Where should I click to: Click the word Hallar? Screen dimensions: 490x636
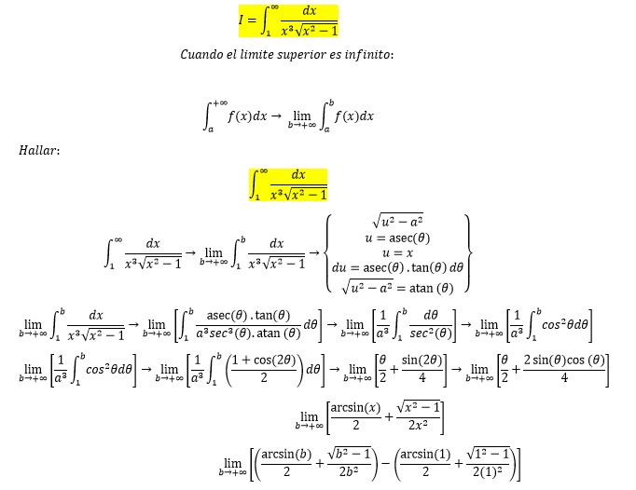(x=38, y=150)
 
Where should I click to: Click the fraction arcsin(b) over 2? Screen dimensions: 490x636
(x=284, y=463)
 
